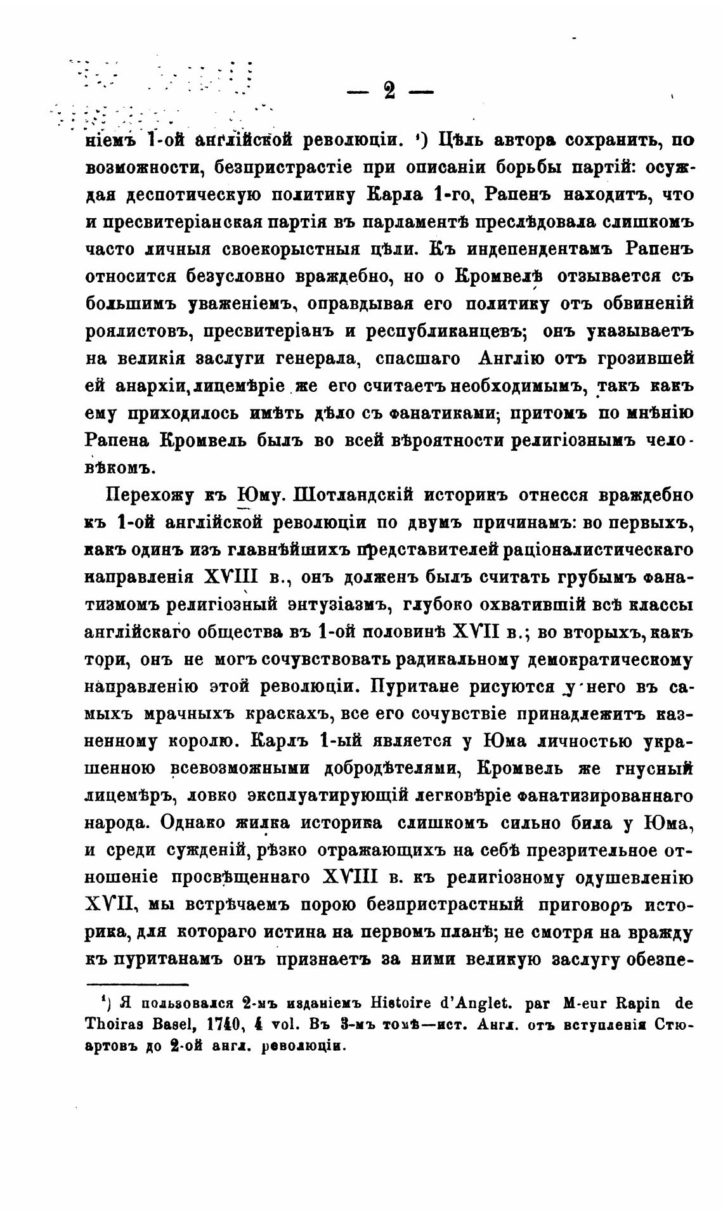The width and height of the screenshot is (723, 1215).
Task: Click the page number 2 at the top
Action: pyautogui.click(x=389, y=91)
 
